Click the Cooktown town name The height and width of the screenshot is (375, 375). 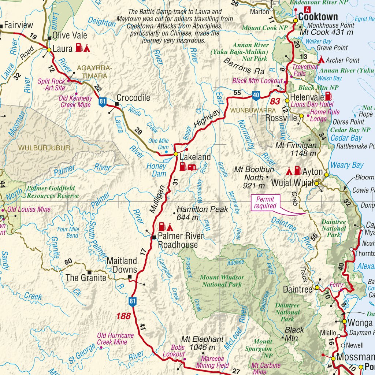click(318, 16)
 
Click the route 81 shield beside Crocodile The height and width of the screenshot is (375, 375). click(103, 102)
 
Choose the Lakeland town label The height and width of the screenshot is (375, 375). click(195, 157)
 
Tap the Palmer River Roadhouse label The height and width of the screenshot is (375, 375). click(178, 241)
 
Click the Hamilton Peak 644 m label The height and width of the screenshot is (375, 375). click(202, 214)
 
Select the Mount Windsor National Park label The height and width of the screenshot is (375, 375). click(222, 281)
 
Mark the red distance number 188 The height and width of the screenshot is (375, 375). click(123, 316)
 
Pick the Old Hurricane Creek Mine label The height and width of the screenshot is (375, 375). click(115, 339)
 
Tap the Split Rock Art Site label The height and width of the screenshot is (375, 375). click(51, 84)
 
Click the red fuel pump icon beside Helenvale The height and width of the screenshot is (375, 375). click(329, 96)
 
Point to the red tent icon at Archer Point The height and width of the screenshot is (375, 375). click(321, 60)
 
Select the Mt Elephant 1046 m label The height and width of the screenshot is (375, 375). click(203, 343)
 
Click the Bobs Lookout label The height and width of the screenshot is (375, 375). click(173, 350)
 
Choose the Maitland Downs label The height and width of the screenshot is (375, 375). click(122, 265)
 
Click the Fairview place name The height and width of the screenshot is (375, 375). click(18, 25)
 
